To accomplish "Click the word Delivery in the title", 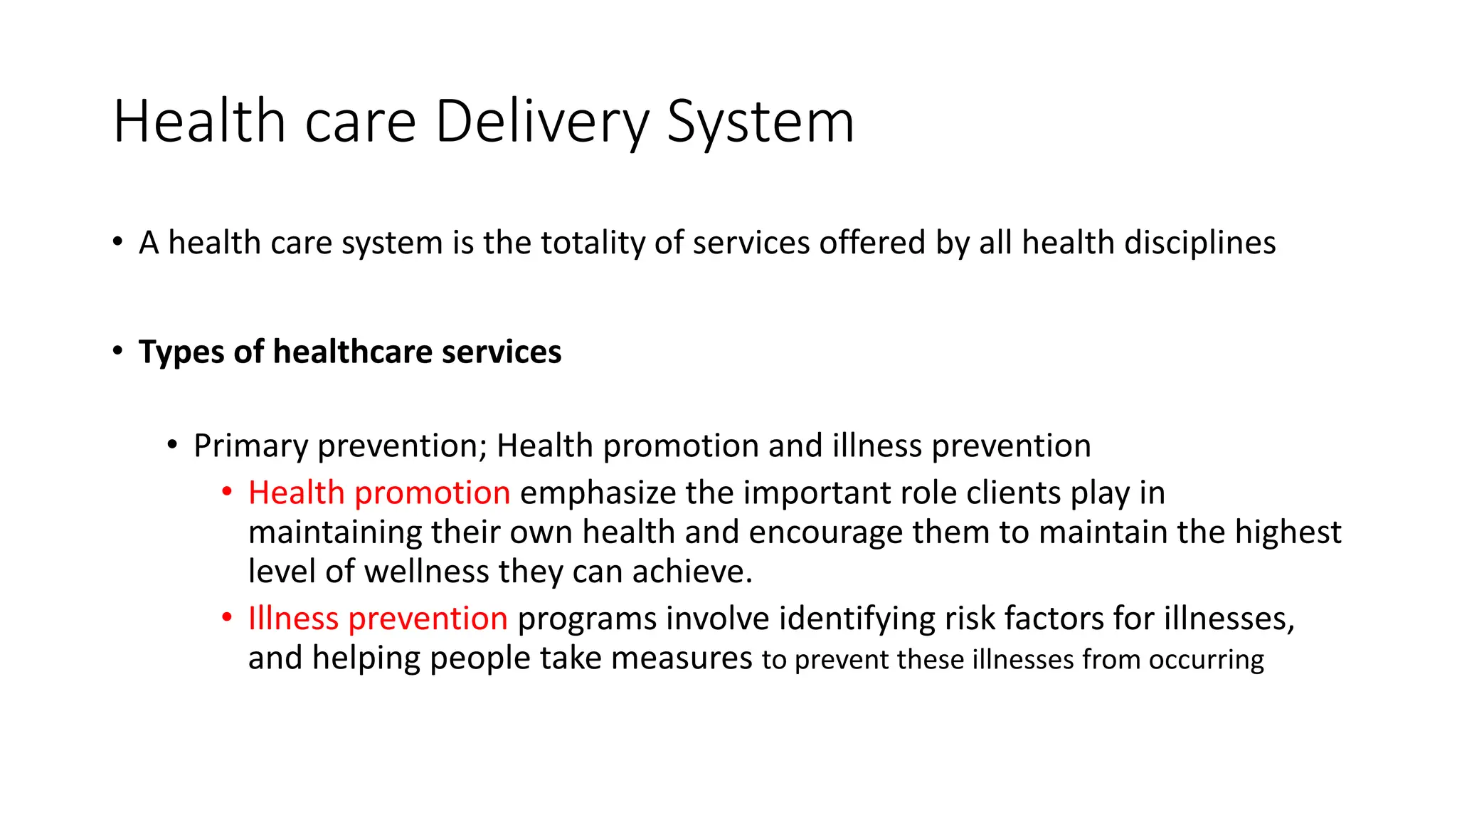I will pos(541,122).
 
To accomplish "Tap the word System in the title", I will pos(760,122).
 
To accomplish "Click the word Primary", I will pos(250,446).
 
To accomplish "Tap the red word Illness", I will pos(293,618).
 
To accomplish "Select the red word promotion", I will pos(432,493).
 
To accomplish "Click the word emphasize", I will pos(598,493).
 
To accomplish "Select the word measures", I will pos(681,658).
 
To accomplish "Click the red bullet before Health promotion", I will pos(227,492).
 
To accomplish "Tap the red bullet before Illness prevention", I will pos(227,617).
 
